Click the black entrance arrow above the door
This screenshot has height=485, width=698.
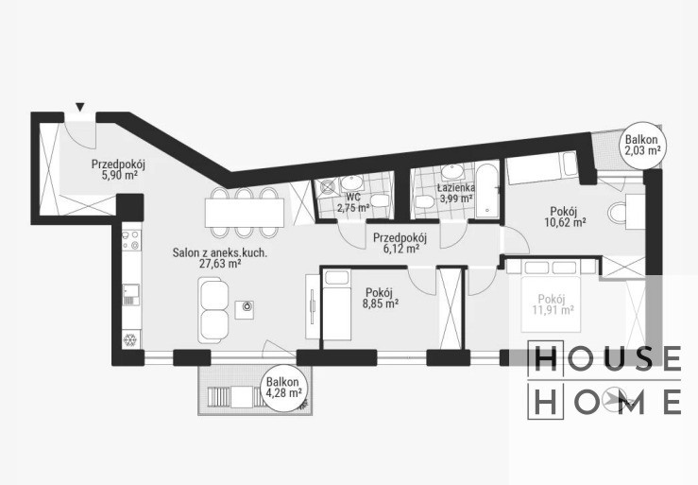79,107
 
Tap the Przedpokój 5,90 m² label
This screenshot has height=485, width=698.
118,169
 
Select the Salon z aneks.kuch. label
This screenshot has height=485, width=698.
220,253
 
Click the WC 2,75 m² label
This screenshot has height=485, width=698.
353,202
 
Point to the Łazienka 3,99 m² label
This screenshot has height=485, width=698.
456,193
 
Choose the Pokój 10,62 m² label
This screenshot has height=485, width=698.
565,217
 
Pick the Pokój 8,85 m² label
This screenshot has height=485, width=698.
382,298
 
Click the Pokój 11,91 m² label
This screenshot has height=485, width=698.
553,304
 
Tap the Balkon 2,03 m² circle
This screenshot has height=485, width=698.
642,145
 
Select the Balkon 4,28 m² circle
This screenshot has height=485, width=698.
283,388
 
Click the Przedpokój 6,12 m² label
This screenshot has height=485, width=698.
400,243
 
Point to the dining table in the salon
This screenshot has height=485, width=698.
245,213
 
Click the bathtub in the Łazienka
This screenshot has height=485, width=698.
488,191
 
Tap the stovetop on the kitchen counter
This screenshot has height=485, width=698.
131,240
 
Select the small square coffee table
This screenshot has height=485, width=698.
247,309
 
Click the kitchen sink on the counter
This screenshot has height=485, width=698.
131,294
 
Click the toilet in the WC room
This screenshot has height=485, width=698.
380,200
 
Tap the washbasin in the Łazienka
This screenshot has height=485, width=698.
452,172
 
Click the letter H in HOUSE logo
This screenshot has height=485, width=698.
546,358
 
